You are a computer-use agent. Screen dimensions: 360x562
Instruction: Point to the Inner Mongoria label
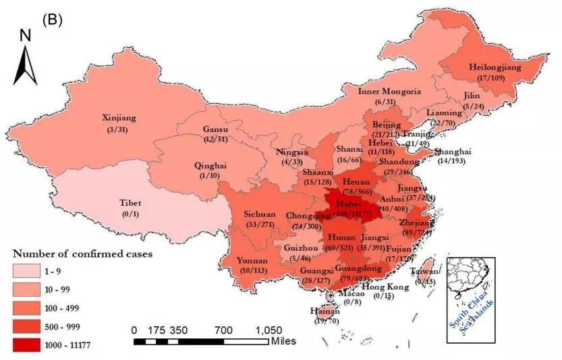click(389, 92)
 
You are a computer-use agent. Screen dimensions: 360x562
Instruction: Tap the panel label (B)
click(52, 20)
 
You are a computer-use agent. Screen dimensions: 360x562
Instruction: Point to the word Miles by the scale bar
click(284, 341)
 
